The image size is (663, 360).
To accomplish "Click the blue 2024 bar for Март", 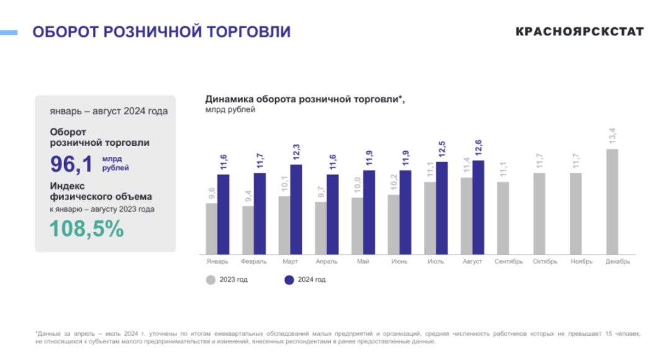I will coord(296,209).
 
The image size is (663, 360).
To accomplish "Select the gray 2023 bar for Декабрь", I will coord(611,201).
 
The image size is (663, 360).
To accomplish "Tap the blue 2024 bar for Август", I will coord(478,207).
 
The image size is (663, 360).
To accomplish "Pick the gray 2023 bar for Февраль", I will coord(248,230).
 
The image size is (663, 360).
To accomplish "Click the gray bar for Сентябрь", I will coord(503,217).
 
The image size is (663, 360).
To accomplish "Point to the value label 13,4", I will coord(612,136).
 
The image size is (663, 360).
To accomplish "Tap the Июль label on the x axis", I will coord(436,261).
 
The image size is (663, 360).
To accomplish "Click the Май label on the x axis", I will coord(363,261).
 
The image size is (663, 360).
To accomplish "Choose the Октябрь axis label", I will coord(545,261).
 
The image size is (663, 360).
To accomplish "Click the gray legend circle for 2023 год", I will coord(211,280).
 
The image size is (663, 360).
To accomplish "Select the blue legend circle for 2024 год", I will coord(289,280).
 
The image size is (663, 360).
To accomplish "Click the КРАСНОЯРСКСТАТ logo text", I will coord(579,32).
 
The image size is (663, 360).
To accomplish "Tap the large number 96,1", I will coord(71,164).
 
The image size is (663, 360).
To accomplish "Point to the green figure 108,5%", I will coord(87,229).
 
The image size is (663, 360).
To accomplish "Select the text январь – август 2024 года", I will coord(108,112).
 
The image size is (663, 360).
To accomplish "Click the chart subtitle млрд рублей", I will coord(230,110).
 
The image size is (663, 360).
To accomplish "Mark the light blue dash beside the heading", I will coord(9,32).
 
